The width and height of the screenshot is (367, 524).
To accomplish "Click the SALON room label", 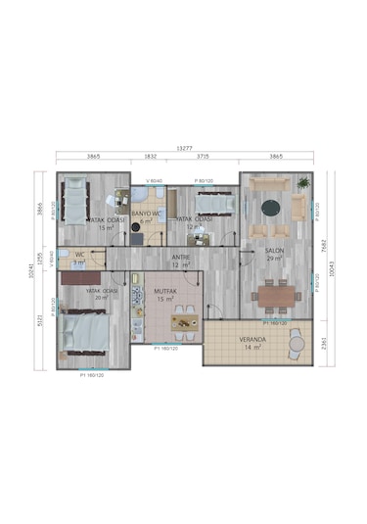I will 274,251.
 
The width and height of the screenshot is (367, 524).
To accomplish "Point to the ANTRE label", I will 181,257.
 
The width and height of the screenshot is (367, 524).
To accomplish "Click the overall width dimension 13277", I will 184,149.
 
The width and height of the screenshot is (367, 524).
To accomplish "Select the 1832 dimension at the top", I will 150,157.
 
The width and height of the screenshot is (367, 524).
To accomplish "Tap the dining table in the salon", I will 276,294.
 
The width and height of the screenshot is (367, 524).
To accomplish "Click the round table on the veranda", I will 296,343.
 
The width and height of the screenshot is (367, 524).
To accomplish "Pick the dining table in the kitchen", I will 181,319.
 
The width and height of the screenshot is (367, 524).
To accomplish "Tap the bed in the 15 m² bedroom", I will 77,199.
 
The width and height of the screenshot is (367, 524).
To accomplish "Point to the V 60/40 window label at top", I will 154,181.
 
